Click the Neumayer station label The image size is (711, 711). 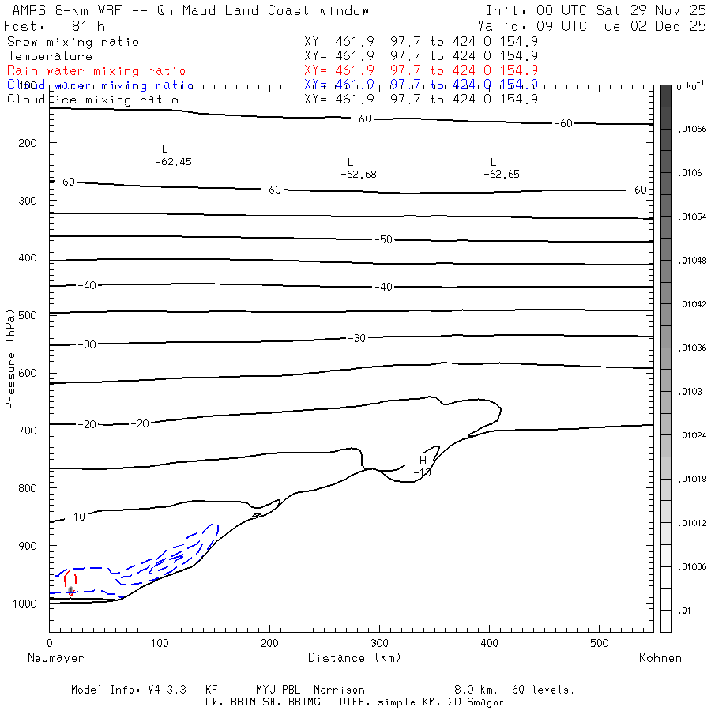tap(55, 657)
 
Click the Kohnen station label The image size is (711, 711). tap(660, 657)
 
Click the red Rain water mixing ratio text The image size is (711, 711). tap(96, 71)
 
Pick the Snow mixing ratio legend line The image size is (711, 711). tap(73, 42)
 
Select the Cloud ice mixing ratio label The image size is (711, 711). tap(92, 100)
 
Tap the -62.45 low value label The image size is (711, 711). tap(174, 161)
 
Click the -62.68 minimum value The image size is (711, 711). tap(358, 174)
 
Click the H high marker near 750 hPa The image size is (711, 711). tap(423, 460)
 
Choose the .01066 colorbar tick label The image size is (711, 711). tap(688, 129)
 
